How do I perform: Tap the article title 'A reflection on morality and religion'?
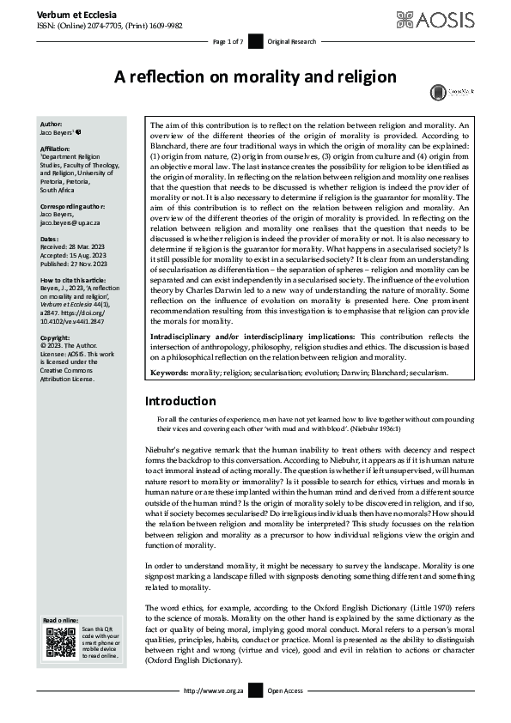click(x=255, y=76)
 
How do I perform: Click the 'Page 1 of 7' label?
click(x=228, y=41)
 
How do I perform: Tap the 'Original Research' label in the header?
click(x=292, y=41)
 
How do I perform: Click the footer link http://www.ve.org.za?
click(x=210, y=690)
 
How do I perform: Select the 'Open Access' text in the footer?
click(x=286, y=690)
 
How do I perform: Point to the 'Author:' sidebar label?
click(x=52, y=125)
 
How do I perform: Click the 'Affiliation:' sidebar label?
click(x=58, y=148)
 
